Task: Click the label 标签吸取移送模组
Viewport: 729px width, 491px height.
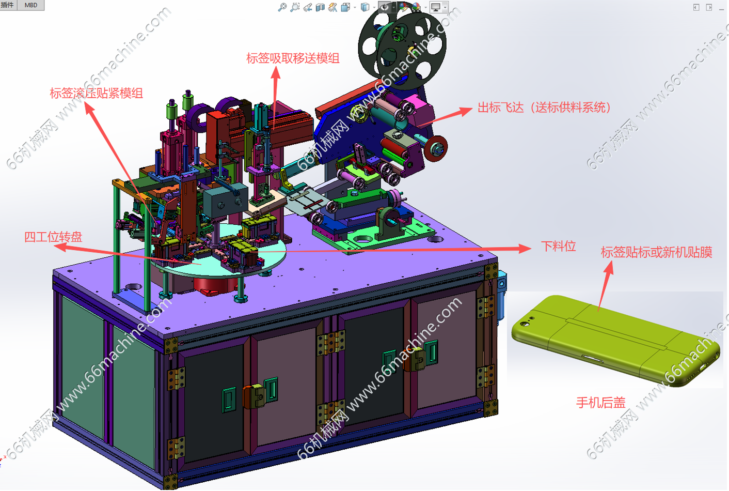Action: click(x=293, y=58)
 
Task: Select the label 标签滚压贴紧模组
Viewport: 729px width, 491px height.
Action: click(x=97, y=93)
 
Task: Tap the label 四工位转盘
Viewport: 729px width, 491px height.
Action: click(x=53, y=237)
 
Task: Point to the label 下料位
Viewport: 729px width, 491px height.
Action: click(x=558, y=246)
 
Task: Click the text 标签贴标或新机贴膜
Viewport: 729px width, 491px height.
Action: click(x=656, y=252)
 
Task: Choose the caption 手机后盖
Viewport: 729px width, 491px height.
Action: click(x=601, y=403)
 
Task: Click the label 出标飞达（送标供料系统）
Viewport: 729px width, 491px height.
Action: click(x=544, y=107)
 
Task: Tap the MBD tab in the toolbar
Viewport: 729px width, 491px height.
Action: click(x=31, y=5)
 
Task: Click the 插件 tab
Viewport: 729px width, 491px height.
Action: click(x=8, y=5)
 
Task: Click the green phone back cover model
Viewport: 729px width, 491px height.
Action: click(x=615, y=341)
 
